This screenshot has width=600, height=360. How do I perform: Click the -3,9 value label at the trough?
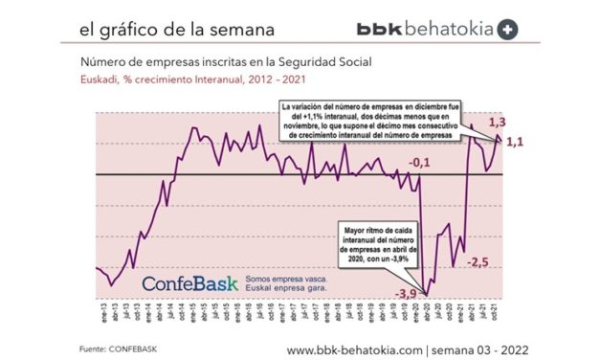[407, 293]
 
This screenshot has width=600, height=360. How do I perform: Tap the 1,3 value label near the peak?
[498, 124]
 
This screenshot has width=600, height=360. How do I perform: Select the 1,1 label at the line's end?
[514, 143]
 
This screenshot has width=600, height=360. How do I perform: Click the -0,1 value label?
[418, 165]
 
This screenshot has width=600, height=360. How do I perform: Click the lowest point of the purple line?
[427, 293]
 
